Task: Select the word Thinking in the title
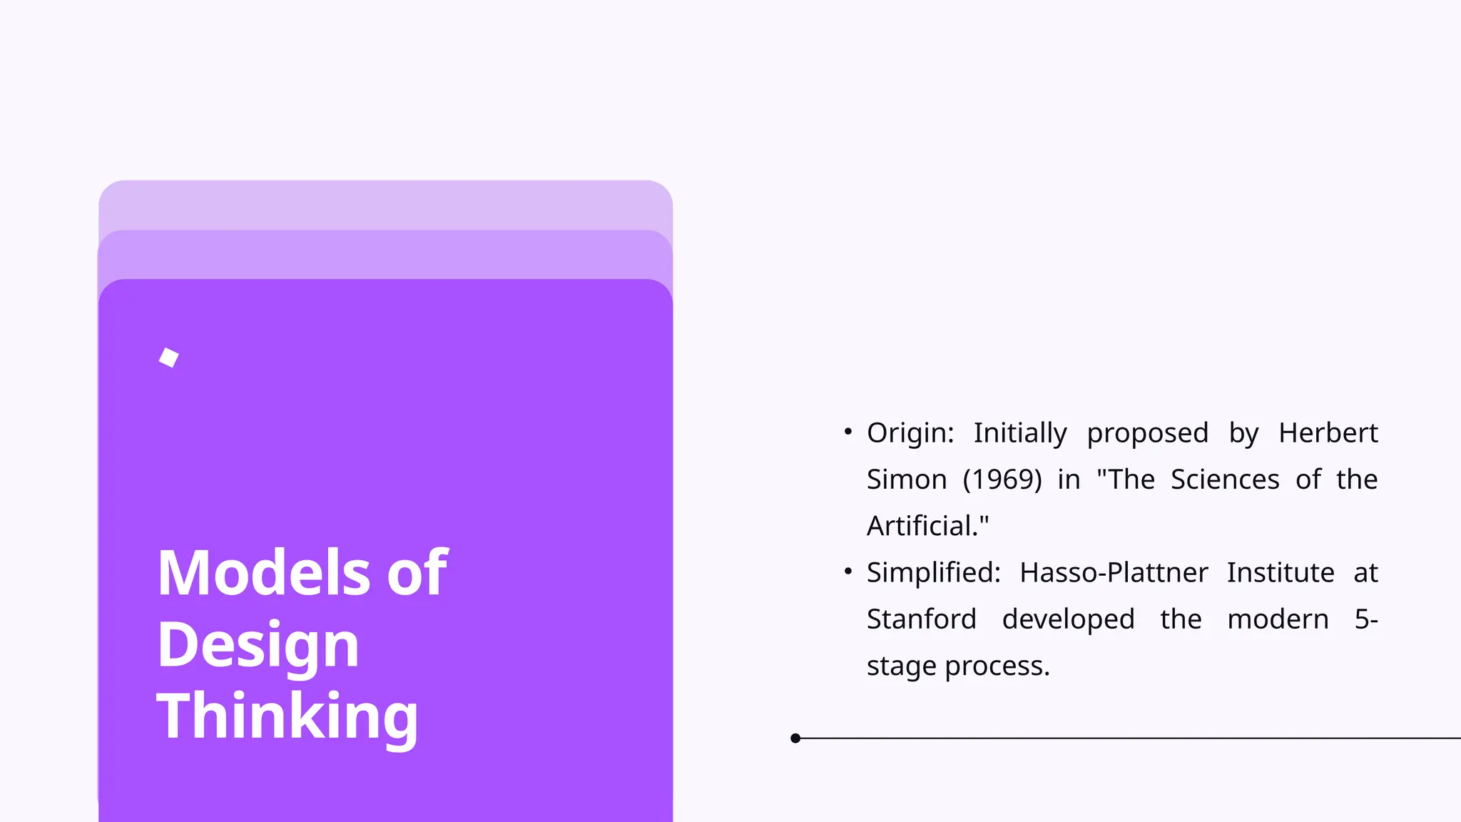(287, 716)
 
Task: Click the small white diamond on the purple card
(169, 357)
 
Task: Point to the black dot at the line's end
(795, 739)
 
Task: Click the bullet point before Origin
(847, 432)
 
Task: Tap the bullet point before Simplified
(847, 572)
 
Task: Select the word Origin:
(910, 433)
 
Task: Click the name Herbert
(1328, 433)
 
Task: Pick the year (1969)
(1002, 479)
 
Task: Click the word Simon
(907, 479)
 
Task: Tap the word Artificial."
(927, 527)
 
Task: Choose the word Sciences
(1225, 479)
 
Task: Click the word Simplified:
(934, 573)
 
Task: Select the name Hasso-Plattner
(1114, 573)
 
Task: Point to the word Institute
(1281, 573)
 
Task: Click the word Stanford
(921, 619)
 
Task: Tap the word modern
(1278, 619)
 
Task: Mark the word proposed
(1147, 433)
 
